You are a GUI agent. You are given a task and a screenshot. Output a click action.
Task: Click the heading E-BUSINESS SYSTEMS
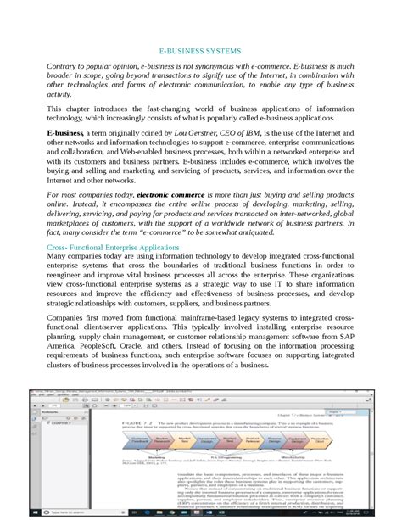coord(200,50)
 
